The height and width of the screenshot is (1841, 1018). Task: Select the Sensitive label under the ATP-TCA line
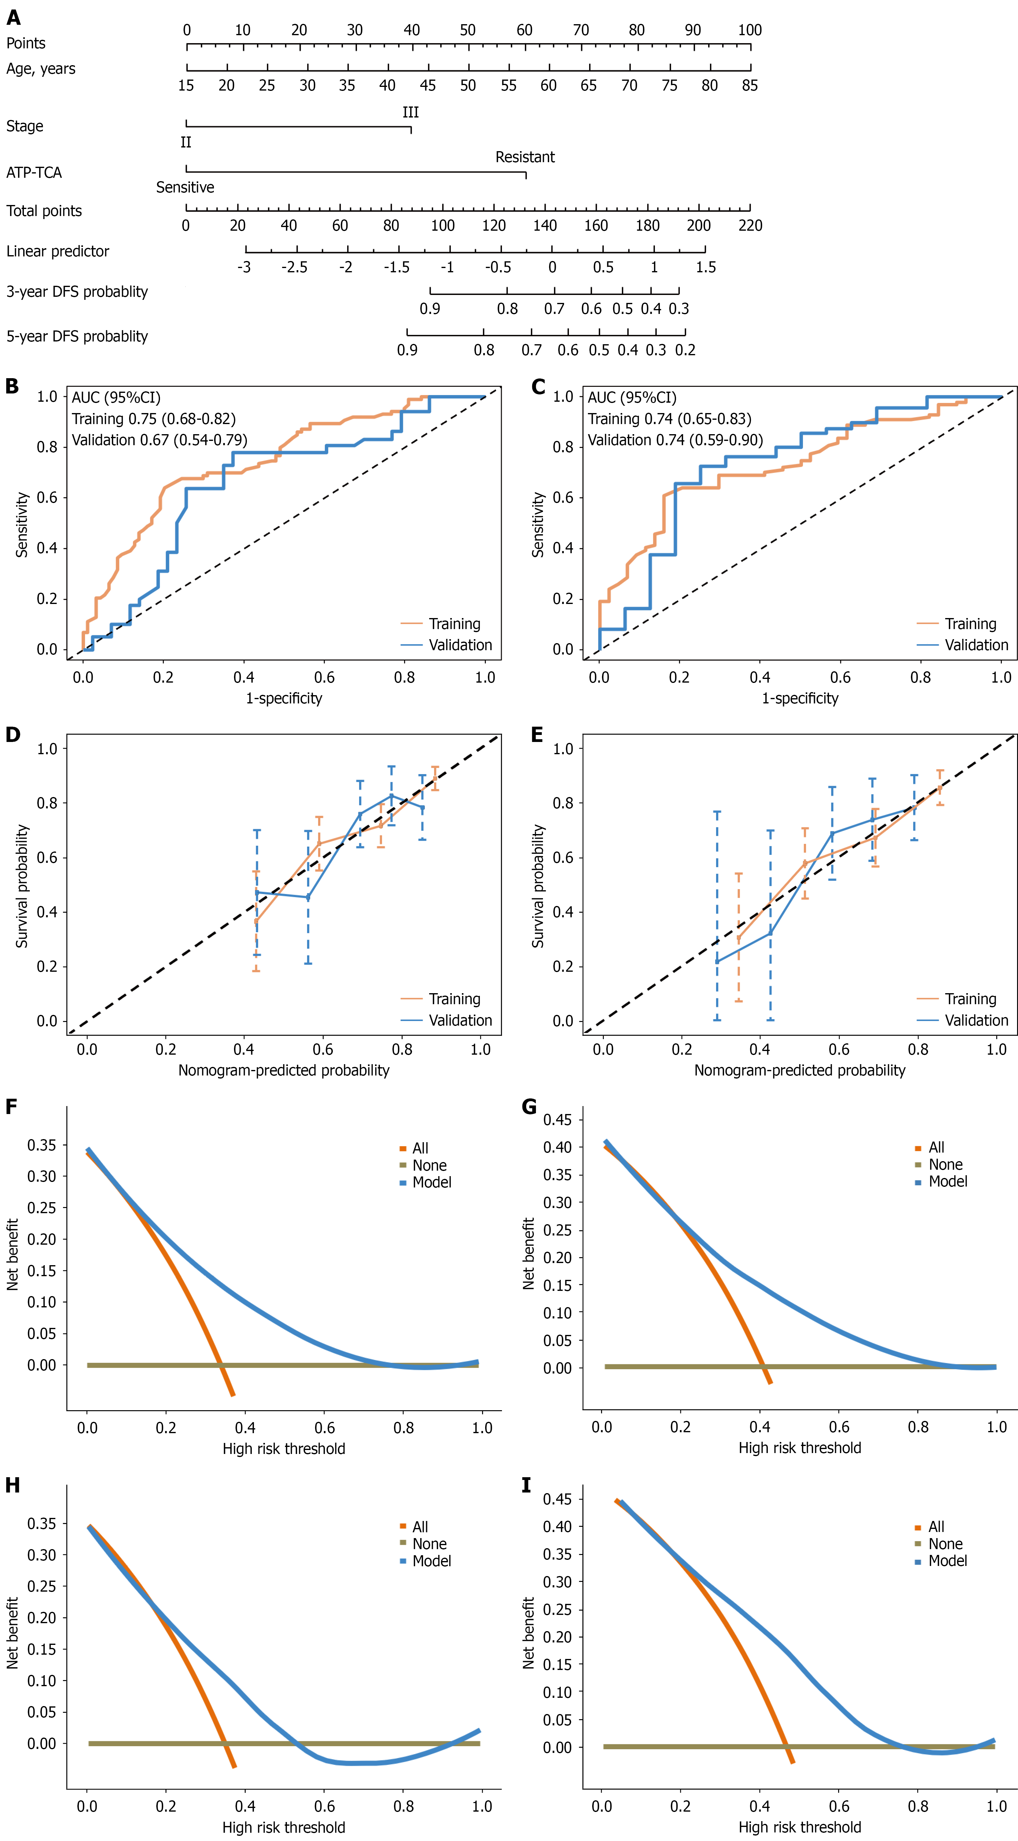point(185,187)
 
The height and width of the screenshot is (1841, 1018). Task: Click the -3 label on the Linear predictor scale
point(244,267)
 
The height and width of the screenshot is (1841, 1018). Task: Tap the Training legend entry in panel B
point(454,624)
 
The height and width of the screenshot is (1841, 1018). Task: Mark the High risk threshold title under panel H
point(284,1828)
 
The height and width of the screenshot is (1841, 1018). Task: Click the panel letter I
point(526,1486)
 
